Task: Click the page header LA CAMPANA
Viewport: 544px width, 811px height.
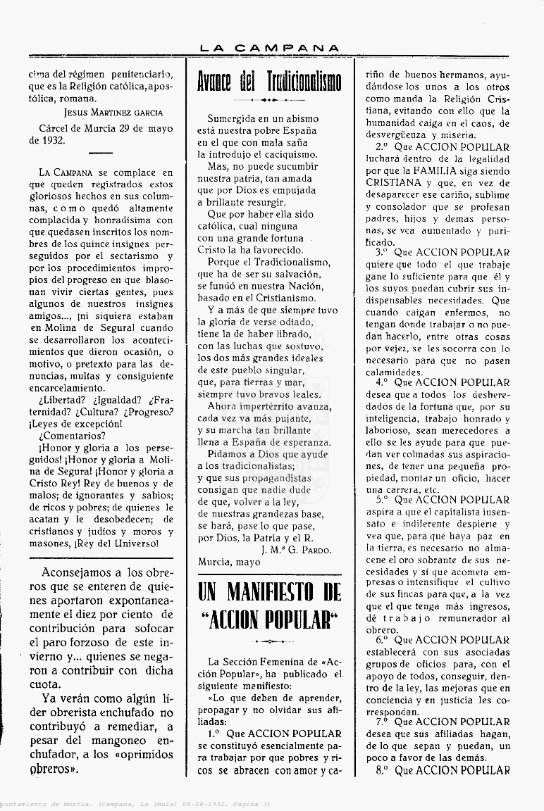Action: point(269,48)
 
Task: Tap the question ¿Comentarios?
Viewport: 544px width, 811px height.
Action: point(73,435)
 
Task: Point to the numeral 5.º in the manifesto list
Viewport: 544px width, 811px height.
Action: point(383,501)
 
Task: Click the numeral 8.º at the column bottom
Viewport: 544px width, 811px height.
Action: point(383,770)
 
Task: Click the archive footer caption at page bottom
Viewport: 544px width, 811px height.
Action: point(134,803)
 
